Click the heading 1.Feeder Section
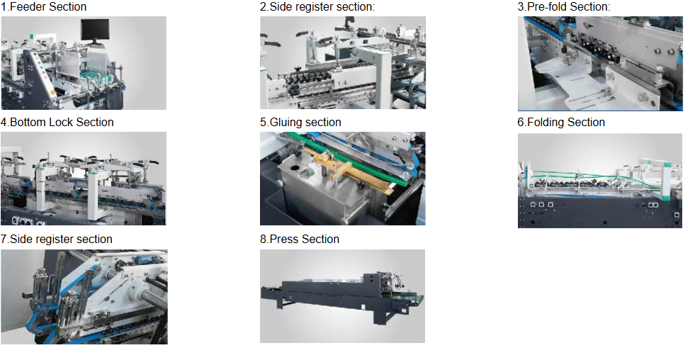43,6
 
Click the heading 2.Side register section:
317,6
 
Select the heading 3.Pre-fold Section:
564,6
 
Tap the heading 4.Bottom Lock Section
57,123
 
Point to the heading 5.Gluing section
300,123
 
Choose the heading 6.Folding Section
561,123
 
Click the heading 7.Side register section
56,240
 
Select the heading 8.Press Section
300,240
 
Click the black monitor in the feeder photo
95,30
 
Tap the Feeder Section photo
84,63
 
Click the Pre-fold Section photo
600,63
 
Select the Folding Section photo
600,181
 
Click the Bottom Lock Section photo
84,178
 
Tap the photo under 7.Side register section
84,297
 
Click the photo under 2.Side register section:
343,62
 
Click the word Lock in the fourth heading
75,123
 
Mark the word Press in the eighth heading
283,240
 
